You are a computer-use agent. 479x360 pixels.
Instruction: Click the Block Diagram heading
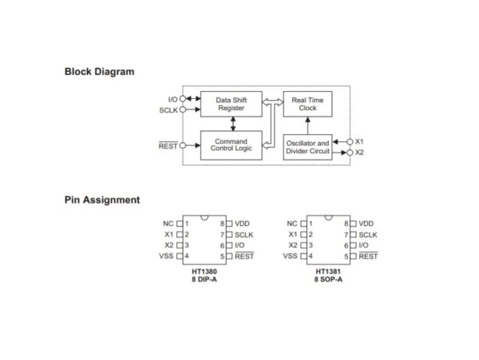coord(99,72)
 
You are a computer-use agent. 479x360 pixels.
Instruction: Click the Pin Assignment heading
coord(102,200)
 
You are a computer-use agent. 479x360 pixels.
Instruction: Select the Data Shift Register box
coord(232,104)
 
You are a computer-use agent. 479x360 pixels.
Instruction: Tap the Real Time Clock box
coord(308,104)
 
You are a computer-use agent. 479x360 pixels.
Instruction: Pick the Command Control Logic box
coord(232,144)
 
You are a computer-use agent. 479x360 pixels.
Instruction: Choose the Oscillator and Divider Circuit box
coord(308,147)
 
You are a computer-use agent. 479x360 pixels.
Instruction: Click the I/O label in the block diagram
coord(171,99)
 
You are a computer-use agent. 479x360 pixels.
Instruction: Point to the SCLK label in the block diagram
coord(168,109)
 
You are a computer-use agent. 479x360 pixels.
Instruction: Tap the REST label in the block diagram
coord(168,145)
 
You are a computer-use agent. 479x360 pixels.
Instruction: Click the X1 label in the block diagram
coord(359,140)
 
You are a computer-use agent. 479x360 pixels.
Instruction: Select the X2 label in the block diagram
coord(359,152)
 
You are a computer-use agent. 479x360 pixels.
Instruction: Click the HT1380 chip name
coord(205,271)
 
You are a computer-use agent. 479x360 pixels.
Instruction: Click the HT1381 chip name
coord(328,271)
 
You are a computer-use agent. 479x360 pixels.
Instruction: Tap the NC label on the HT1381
coord(291,224)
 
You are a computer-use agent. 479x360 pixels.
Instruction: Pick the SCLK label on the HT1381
coord(368,235)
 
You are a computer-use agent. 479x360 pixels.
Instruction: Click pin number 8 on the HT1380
coord(222,224)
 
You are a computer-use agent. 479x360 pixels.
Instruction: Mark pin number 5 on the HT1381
coord(345,256)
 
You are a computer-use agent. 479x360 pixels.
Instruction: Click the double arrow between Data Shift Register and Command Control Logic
coord(232,123)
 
